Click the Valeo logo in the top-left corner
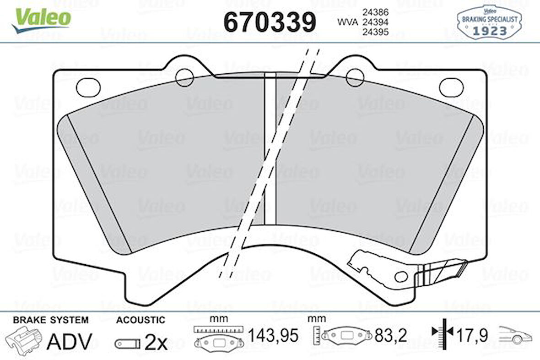click(x=41, y=20)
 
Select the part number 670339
click(x=270, y=22)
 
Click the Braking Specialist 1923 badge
click(x=489, y=22)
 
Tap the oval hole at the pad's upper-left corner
click(x=88, y=87)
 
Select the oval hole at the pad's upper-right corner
click(x=451, y=87)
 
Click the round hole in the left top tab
click(x=185, y=77)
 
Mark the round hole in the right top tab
click(x=355, y=77)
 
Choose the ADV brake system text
click(x=69, y=341)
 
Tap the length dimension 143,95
click(x=273, y=336)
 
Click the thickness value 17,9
click(x=472, y=335)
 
